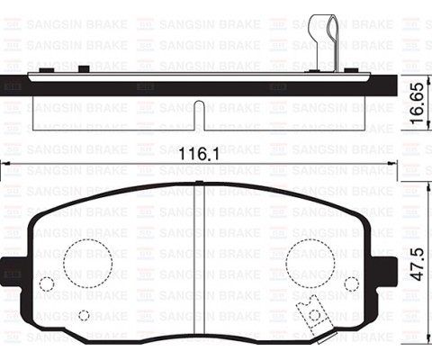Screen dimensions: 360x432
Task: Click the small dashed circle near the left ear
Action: pyautogui.click(x=48, y=284)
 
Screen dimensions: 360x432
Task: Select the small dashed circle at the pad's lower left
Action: pyautogui.click(x=84, y=315)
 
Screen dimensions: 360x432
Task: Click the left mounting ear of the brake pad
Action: pyautogui.click(x=15, y=271)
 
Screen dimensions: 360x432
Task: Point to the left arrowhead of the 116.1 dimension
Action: pyautogui.click(x=4, y=164)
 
